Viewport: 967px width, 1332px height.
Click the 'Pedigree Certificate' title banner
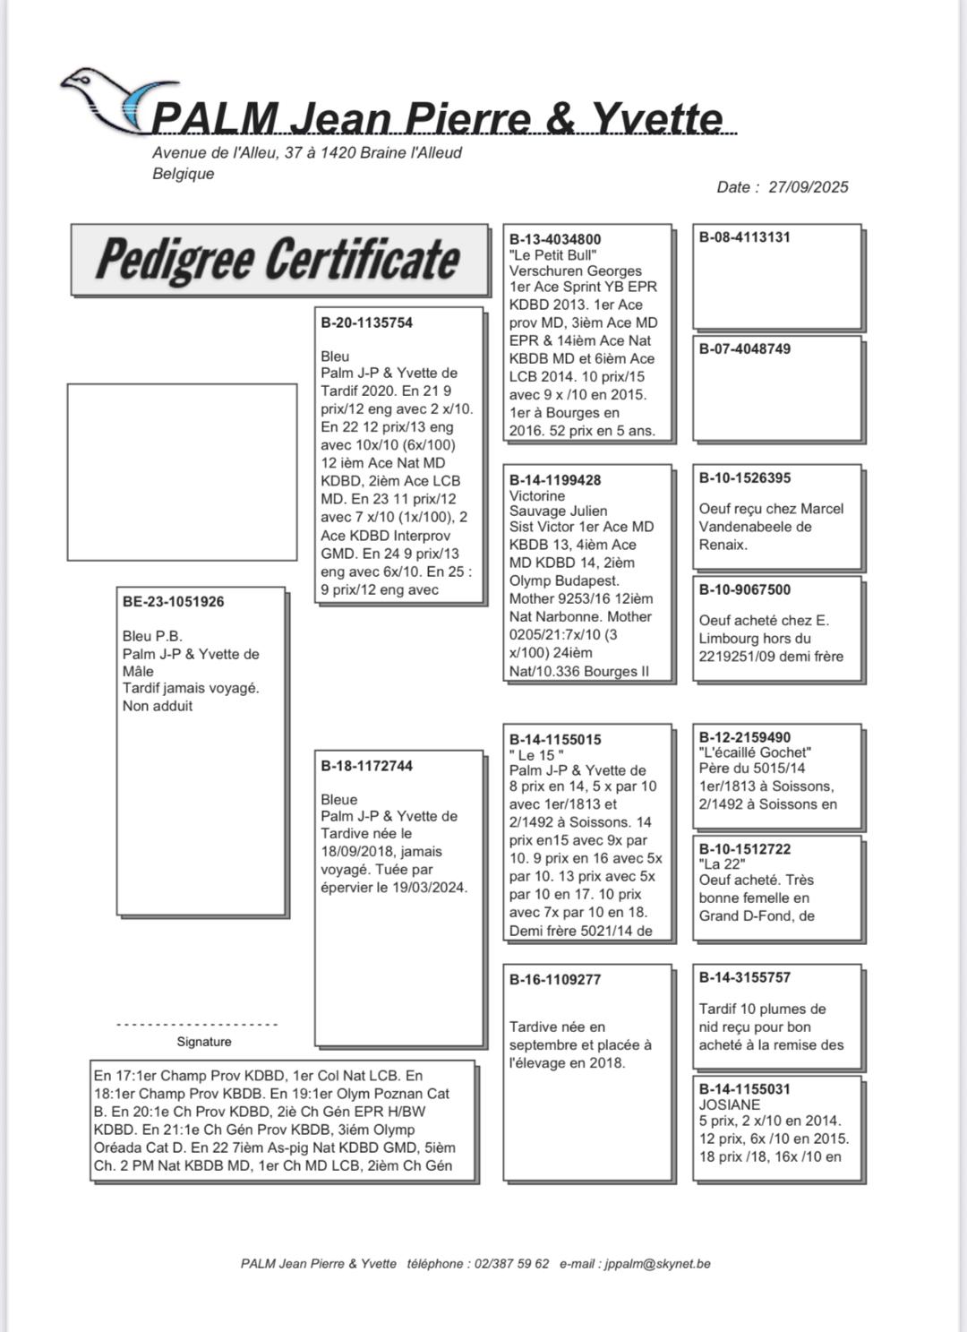278,260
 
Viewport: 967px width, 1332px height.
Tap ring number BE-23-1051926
173,602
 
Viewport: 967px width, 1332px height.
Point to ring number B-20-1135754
366,322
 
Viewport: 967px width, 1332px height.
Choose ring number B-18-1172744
366,766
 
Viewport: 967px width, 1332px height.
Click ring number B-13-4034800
555,239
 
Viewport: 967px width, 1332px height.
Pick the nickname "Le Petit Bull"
552,255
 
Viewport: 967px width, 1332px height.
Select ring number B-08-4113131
744,237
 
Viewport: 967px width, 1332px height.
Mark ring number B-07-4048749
744,348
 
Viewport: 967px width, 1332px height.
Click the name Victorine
537,495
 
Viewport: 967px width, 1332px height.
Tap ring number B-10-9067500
744,589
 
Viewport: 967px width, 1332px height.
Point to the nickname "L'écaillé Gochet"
755,752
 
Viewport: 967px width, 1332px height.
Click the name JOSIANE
730,1105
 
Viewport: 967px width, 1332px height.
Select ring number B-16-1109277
555,979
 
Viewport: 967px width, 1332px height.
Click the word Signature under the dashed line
204,1042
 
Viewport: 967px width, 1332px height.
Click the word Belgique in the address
184,174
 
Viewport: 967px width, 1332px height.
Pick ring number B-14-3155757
744,977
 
